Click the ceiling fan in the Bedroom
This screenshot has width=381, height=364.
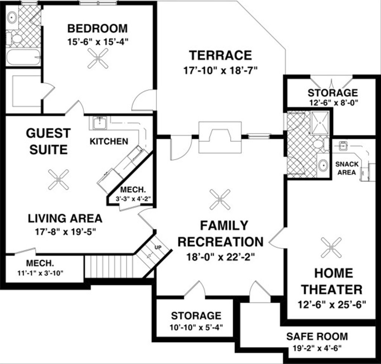[x=98, y=58]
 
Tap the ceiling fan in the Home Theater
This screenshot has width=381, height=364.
[x=331, y=248]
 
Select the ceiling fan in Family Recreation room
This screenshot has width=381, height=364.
[x=220, y=199]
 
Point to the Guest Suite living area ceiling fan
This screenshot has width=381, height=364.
[x=58, y=179]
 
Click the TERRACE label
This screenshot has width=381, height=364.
[x=220, y=55]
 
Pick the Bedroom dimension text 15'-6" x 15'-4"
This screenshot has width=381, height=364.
[x=97, y=42]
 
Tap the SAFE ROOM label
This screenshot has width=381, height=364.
[x=317, y=336]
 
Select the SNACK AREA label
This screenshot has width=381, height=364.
[x=347, y=168]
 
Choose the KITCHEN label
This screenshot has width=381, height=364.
[x=109, y=141]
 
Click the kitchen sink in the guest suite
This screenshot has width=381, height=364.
[x=100, y=123]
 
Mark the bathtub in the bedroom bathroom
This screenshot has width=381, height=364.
[x=23, y=57]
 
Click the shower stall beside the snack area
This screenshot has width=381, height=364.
[x=319, y=122]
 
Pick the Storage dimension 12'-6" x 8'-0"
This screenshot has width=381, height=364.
[x=332, y=103]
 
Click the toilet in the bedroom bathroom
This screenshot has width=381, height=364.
[x=15, y=38]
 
